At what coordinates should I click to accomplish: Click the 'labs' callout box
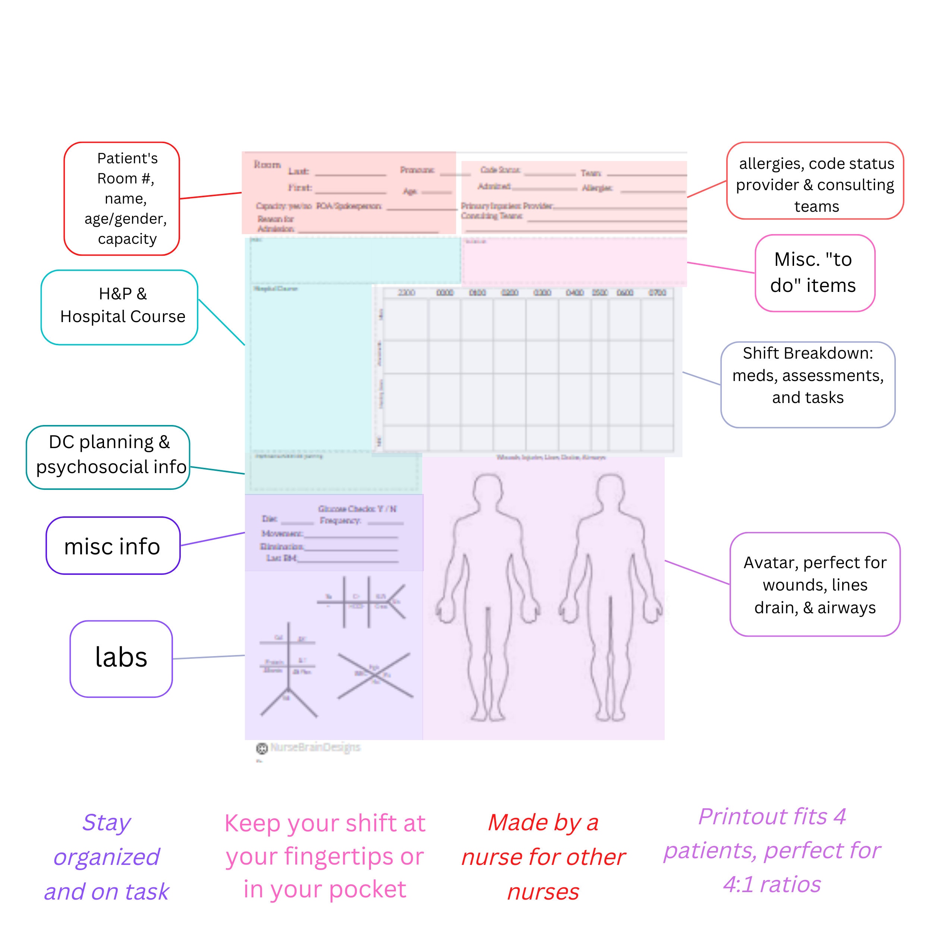click(x=121, y=658)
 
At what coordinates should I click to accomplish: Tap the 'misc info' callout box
click(x=113, y=546)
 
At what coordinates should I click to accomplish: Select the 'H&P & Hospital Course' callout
click(x=120, y=307)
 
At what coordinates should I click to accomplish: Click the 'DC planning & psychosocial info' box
click(x=108, y=457)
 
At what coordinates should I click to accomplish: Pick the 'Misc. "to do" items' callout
click(x=815, y=273)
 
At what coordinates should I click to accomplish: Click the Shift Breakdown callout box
click(x=807, y=384)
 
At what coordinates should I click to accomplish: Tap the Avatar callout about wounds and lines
click(x=815, y=584)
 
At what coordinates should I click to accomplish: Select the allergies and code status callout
click(x=815, y=181)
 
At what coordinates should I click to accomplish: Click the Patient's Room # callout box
click(x=122, y=198)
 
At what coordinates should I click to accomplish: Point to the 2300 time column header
click(x=406, y=293)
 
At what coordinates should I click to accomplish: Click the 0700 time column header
click(x=657, y=293)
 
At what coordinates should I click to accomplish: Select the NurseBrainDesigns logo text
click(x=315, y=747)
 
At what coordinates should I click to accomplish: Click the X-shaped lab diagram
click(x=375, y=676)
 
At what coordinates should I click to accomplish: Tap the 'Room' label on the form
click(x=267, y=164)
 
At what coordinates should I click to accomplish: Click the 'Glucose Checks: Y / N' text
click(x=357, y=508)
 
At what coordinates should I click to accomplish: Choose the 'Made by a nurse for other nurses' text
click(x=543, y=857)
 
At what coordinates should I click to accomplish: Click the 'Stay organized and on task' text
click(x=107, y=857)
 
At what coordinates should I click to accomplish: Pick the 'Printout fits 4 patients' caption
click(x=772, y=850)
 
